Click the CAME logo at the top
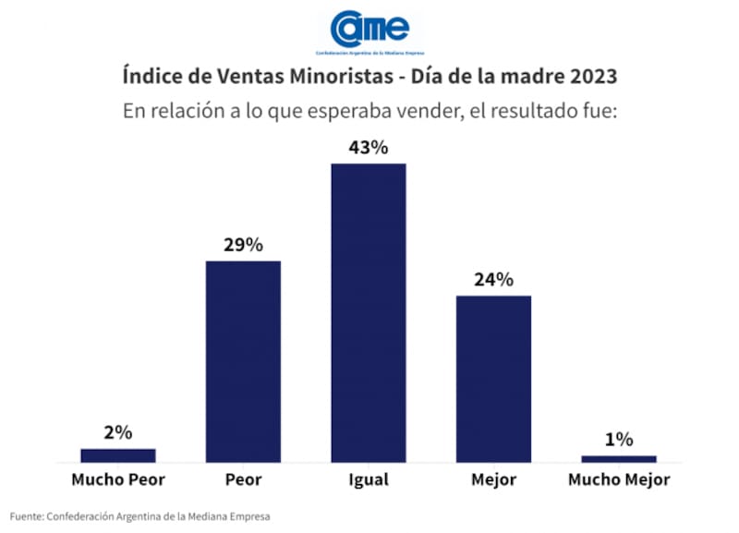point(369,30)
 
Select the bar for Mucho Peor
point(118,454)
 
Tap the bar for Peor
point(243,361)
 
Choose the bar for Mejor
point(493,379)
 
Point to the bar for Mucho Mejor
point(619,458)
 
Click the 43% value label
point(369,147)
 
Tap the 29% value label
point(243,245)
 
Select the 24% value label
point(493,280)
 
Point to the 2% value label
point(118,432)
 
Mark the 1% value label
point(619,440)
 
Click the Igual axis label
point(369,480)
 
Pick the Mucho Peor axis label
point(118,480)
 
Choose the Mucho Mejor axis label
point(619,480)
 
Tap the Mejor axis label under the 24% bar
point(493,480)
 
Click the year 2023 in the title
point(589,75)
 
